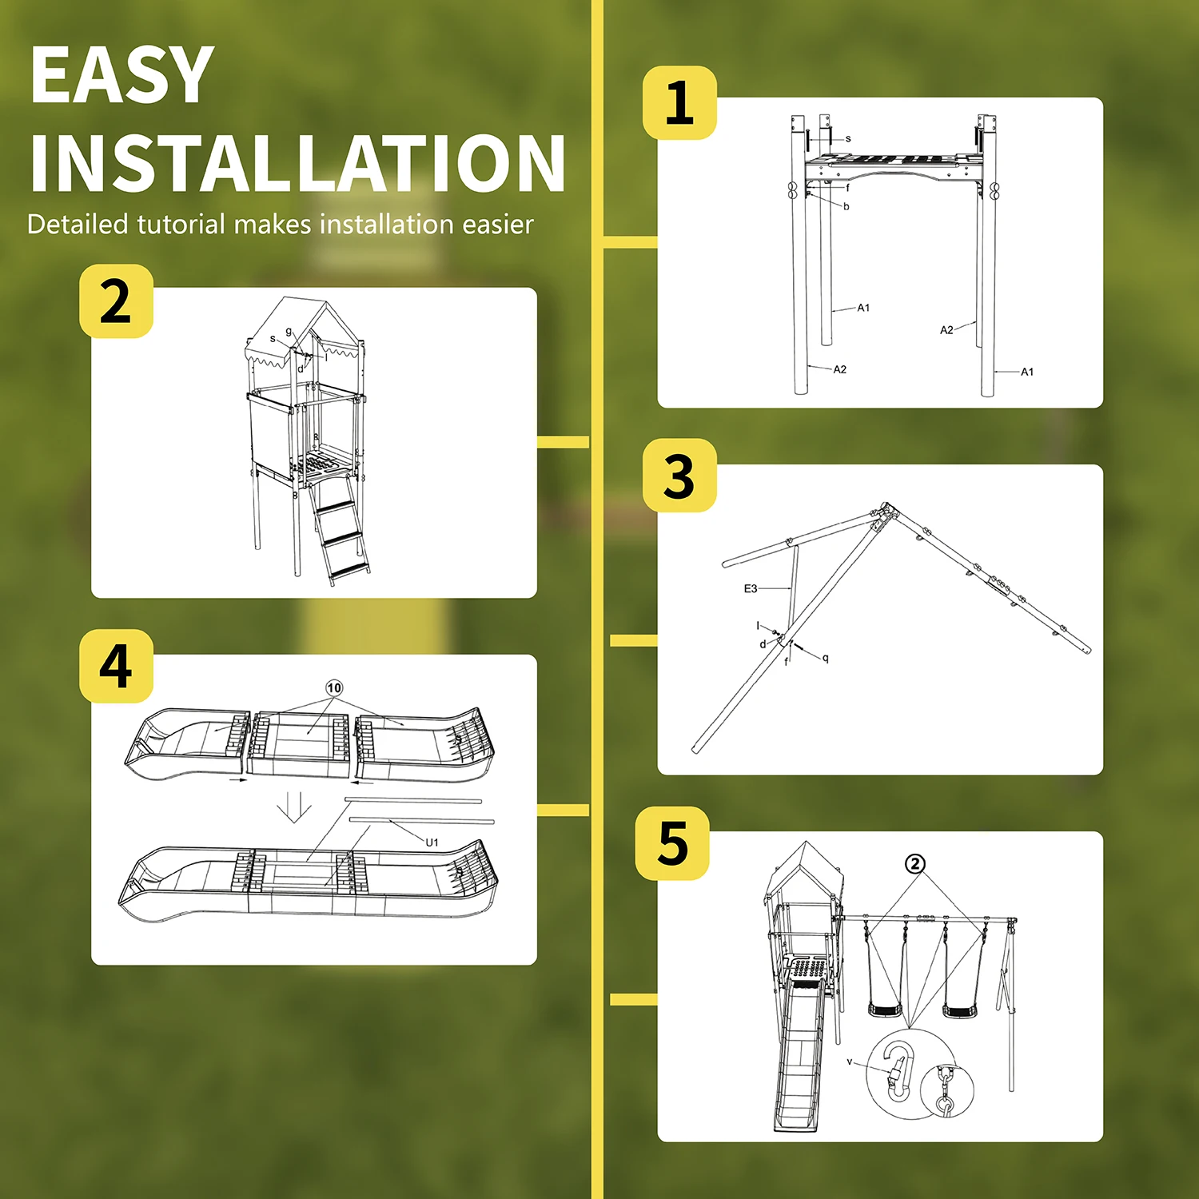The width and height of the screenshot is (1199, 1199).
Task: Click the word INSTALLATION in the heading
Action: pyautogui.click(x=298, y=163)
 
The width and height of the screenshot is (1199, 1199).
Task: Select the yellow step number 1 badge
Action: pyautogui.click(x=679, y=103)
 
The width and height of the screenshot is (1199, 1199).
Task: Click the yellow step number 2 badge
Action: pyautogui.click(x=116, y=301)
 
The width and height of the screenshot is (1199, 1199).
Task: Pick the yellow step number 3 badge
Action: pyautogui.click(x=679, y=476)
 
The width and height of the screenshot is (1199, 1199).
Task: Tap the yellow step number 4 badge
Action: pyautogui.click(x=116, y=666)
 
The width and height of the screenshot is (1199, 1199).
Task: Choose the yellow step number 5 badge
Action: pyautogui.click(x=672, y=843)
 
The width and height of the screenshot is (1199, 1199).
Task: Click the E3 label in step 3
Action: pyautogui.click(x=751, y=588)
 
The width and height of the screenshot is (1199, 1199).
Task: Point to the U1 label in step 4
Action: pyautogui.click(x=432, y=842)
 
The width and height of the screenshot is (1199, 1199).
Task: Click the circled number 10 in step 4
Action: pyautogui.click(x=334, y=688)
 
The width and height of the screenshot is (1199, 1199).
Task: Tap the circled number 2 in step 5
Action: pyautogui.click(x=915, y=863)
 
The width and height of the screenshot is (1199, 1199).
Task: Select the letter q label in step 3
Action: pyautogui.click(x=826, y=658)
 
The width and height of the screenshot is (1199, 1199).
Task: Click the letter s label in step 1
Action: pyautogui.click(x=848, y=139)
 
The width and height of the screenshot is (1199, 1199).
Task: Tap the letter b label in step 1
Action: pyautogui.click(x=846, y=206)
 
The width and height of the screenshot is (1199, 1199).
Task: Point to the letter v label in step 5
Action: pyautogui.click(x=850, y=1062)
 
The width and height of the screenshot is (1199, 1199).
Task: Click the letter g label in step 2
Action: pyautogui.click(x=289, y=332)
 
